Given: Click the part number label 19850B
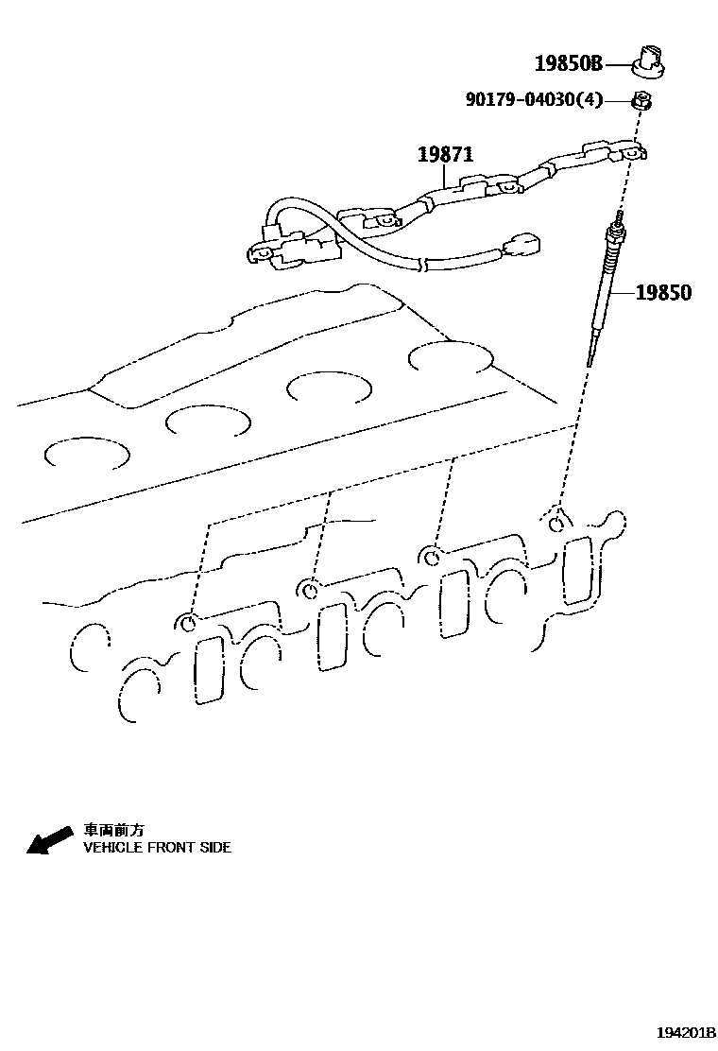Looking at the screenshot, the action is pyautogui.click(x=568, y=64).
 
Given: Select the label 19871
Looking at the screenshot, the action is pyautogui.click(x=446, y=154).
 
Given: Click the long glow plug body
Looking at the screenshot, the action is pyautogui.click(x=603, y=293).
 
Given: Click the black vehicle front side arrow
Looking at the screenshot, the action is pyautogui.click(x=49, y=839).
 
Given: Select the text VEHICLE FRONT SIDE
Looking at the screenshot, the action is pyautogui.click(x=157, y=848).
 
